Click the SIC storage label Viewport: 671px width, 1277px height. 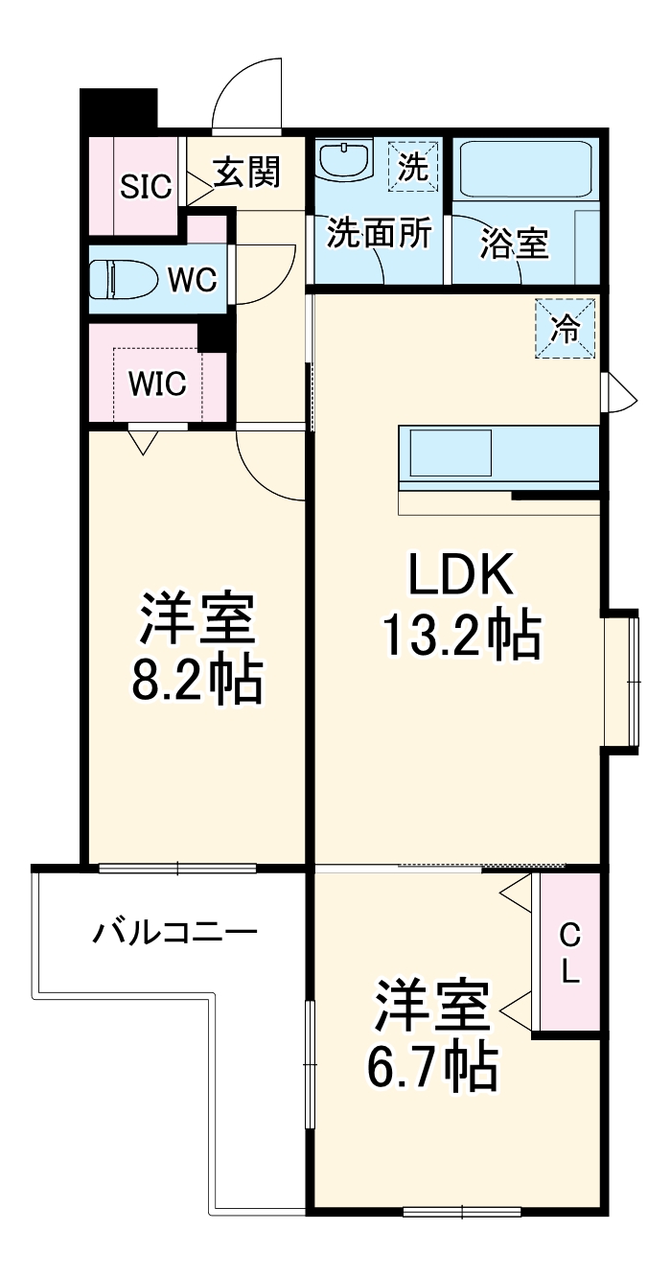pos(146,186)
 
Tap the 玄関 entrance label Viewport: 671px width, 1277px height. pos(246,173)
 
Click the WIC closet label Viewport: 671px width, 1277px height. pos(158,383)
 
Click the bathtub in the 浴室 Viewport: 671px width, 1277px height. pos(525,169)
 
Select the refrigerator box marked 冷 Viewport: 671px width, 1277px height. pos(566,329)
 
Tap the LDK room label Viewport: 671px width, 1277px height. pos(462,576)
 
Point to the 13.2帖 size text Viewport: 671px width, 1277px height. pos(461,634)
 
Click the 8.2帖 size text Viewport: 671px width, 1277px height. pos(197,679)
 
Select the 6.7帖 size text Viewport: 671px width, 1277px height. pos(432,1062)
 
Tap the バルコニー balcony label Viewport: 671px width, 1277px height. pos(174,931)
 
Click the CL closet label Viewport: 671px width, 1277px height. pos(569,953)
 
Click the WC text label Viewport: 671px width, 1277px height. pos(193,280)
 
